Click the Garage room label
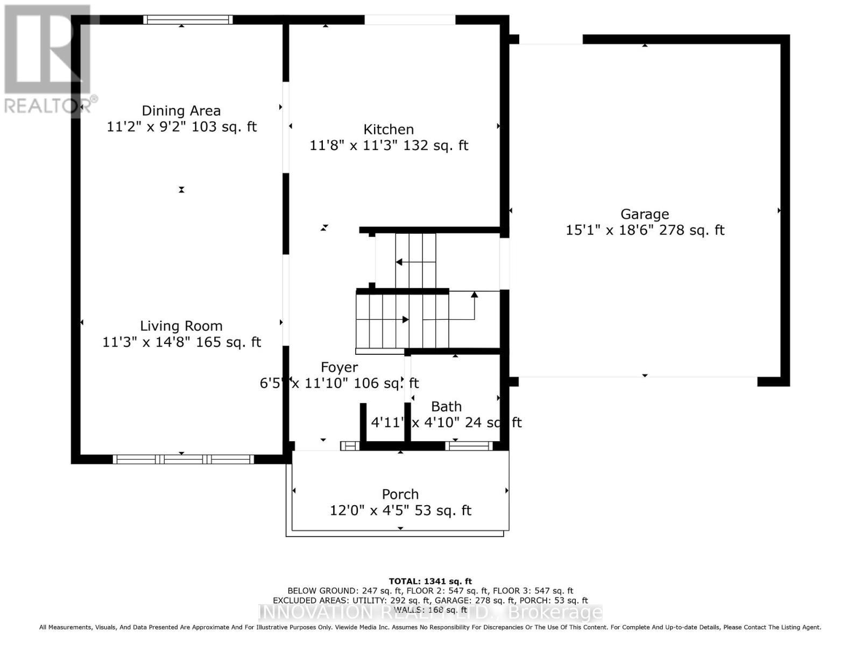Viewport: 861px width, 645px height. (x=645, y=214)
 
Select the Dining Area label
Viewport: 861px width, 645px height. (x=181, y=111)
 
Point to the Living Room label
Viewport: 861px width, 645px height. (x=181, y=326)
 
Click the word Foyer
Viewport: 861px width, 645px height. (x=339, y=367)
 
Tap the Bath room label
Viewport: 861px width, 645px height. (x=446, y=406)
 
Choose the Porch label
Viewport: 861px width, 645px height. (x=400, y=494)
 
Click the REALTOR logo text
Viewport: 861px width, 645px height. (x=51, y=105)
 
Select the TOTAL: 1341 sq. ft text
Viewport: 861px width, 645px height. (x=430, y=581)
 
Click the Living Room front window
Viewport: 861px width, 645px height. (x=183, y=459)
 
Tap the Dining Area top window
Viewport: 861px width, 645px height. (x=188, y=20)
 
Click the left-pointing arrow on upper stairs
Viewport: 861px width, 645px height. (x=399, y=262)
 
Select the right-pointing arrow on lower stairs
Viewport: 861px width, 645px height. (x=405, y=320)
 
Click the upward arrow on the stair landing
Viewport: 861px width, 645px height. (x=474, y=295)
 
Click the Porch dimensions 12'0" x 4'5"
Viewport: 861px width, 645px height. (x=369, y=511)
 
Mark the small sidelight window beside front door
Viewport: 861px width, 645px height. (x=350, y=446)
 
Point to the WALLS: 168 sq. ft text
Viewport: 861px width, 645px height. (x=430, y=610)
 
